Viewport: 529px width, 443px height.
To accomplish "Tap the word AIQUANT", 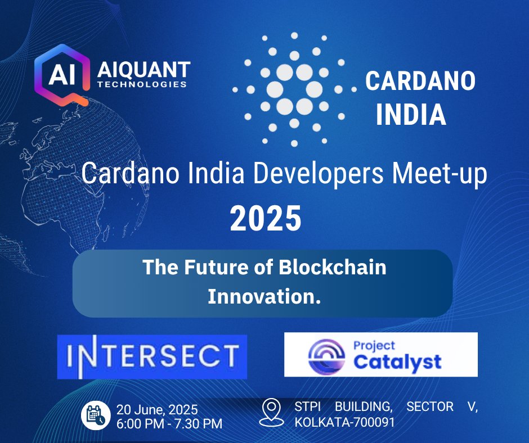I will click(x=144, y=71).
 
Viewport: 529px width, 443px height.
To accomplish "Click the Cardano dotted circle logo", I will click(x=294, y=89).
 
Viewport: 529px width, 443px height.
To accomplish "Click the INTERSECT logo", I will click(x=152, y=356).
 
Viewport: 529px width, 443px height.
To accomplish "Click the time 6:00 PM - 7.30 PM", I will click(x=169, y=423).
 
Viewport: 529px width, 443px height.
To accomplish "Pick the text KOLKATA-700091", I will click(x=344, y=422).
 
